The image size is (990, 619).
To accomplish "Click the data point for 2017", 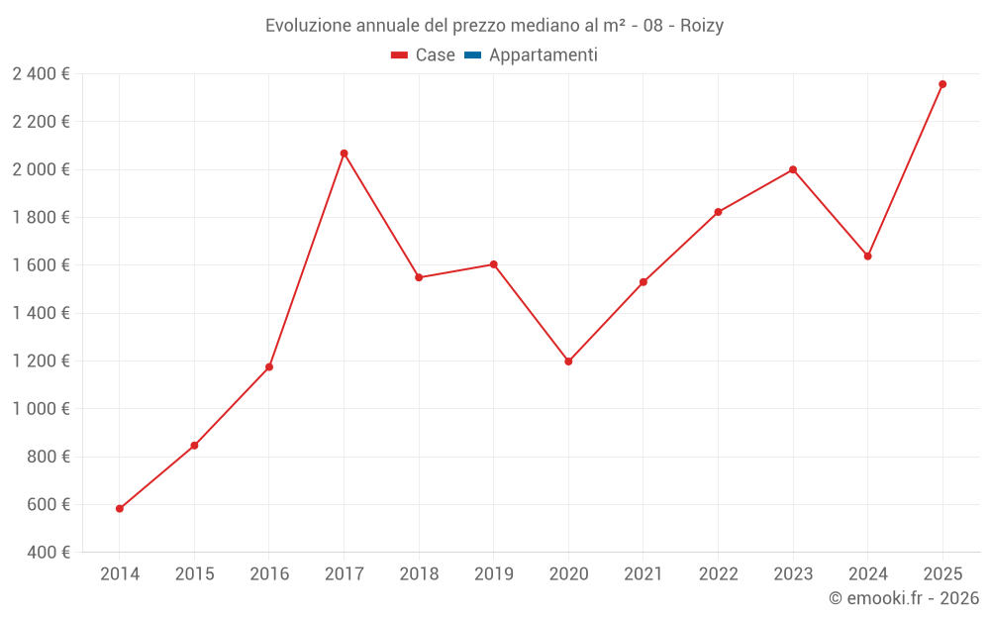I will click(344, 154).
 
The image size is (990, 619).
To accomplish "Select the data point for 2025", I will click(942, 84).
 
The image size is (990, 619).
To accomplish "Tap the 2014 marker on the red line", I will click(120, 509).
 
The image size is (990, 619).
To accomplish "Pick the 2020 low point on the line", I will click(568, 361).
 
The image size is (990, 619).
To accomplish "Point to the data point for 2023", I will click(793, 169).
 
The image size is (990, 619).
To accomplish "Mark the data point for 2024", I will click(867, 257).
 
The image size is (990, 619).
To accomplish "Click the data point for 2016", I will click(269, 367).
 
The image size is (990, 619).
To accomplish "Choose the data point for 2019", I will click(493, 264).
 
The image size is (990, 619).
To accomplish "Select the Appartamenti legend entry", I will click(543, 55).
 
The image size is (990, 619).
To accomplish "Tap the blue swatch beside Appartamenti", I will click(472, 55).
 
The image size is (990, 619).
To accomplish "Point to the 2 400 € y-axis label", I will click(41, 74).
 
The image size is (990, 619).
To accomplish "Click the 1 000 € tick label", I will click(41, 409).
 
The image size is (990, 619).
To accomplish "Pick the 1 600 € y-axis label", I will click(41, 265).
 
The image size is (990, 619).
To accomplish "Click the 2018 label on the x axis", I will click(419, 574).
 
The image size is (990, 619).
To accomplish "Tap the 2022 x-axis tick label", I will click(718, 574).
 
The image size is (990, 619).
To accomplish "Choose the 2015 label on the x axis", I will click(194, 574).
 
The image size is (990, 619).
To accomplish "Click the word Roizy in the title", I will click(702, 26).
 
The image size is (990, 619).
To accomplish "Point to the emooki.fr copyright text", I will click(903, 598).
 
